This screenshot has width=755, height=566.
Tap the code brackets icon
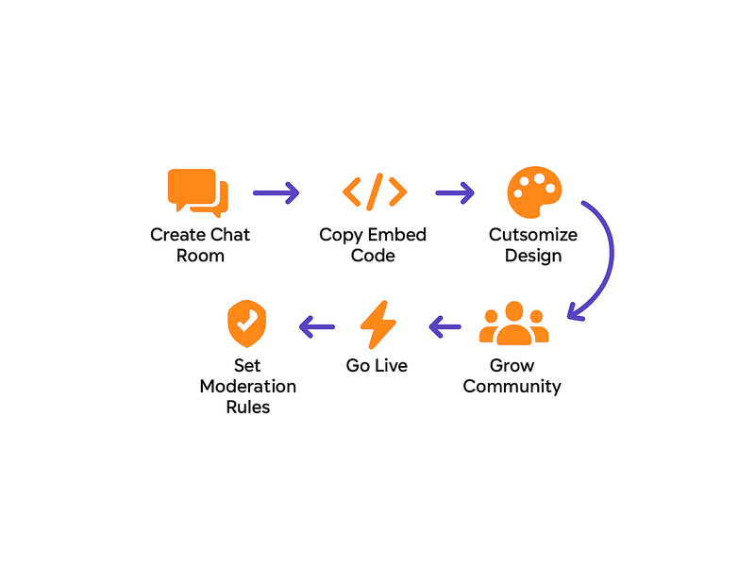tap(375, 191)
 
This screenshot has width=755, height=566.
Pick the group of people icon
tap(513, 325)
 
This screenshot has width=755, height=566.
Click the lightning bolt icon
tap(377, 325)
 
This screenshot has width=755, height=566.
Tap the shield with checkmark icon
tap(245, 325)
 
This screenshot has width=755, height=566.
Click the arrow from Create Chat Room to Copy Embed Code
tap(276, 192)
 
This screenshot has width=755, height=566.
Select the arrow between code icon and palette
tap(454, 192)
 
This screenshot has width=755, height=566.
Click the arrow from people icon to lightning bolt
tap(445, 327)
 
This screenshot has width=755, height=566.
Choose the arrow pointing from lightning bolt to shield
tap(316, 327)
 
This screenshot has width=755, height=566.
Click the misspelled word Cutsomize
tap(533, 235)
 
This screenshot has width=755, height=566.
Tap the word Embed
tap(397, 235)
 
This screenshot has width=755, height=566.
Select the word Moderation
tap(247, 387)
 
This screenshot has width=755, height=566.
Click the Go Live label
tap(377, 365)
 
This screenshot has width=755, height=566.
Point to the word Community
tap(512, 387)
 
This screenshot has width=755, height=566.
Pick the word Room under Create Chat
tap(200, 256)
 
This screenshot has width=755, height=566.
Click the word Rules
tap(247, 408)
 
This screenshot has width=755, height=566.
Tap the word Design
tap(533, 256)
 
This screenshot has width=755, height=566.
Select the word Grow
tap(512, 365)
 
